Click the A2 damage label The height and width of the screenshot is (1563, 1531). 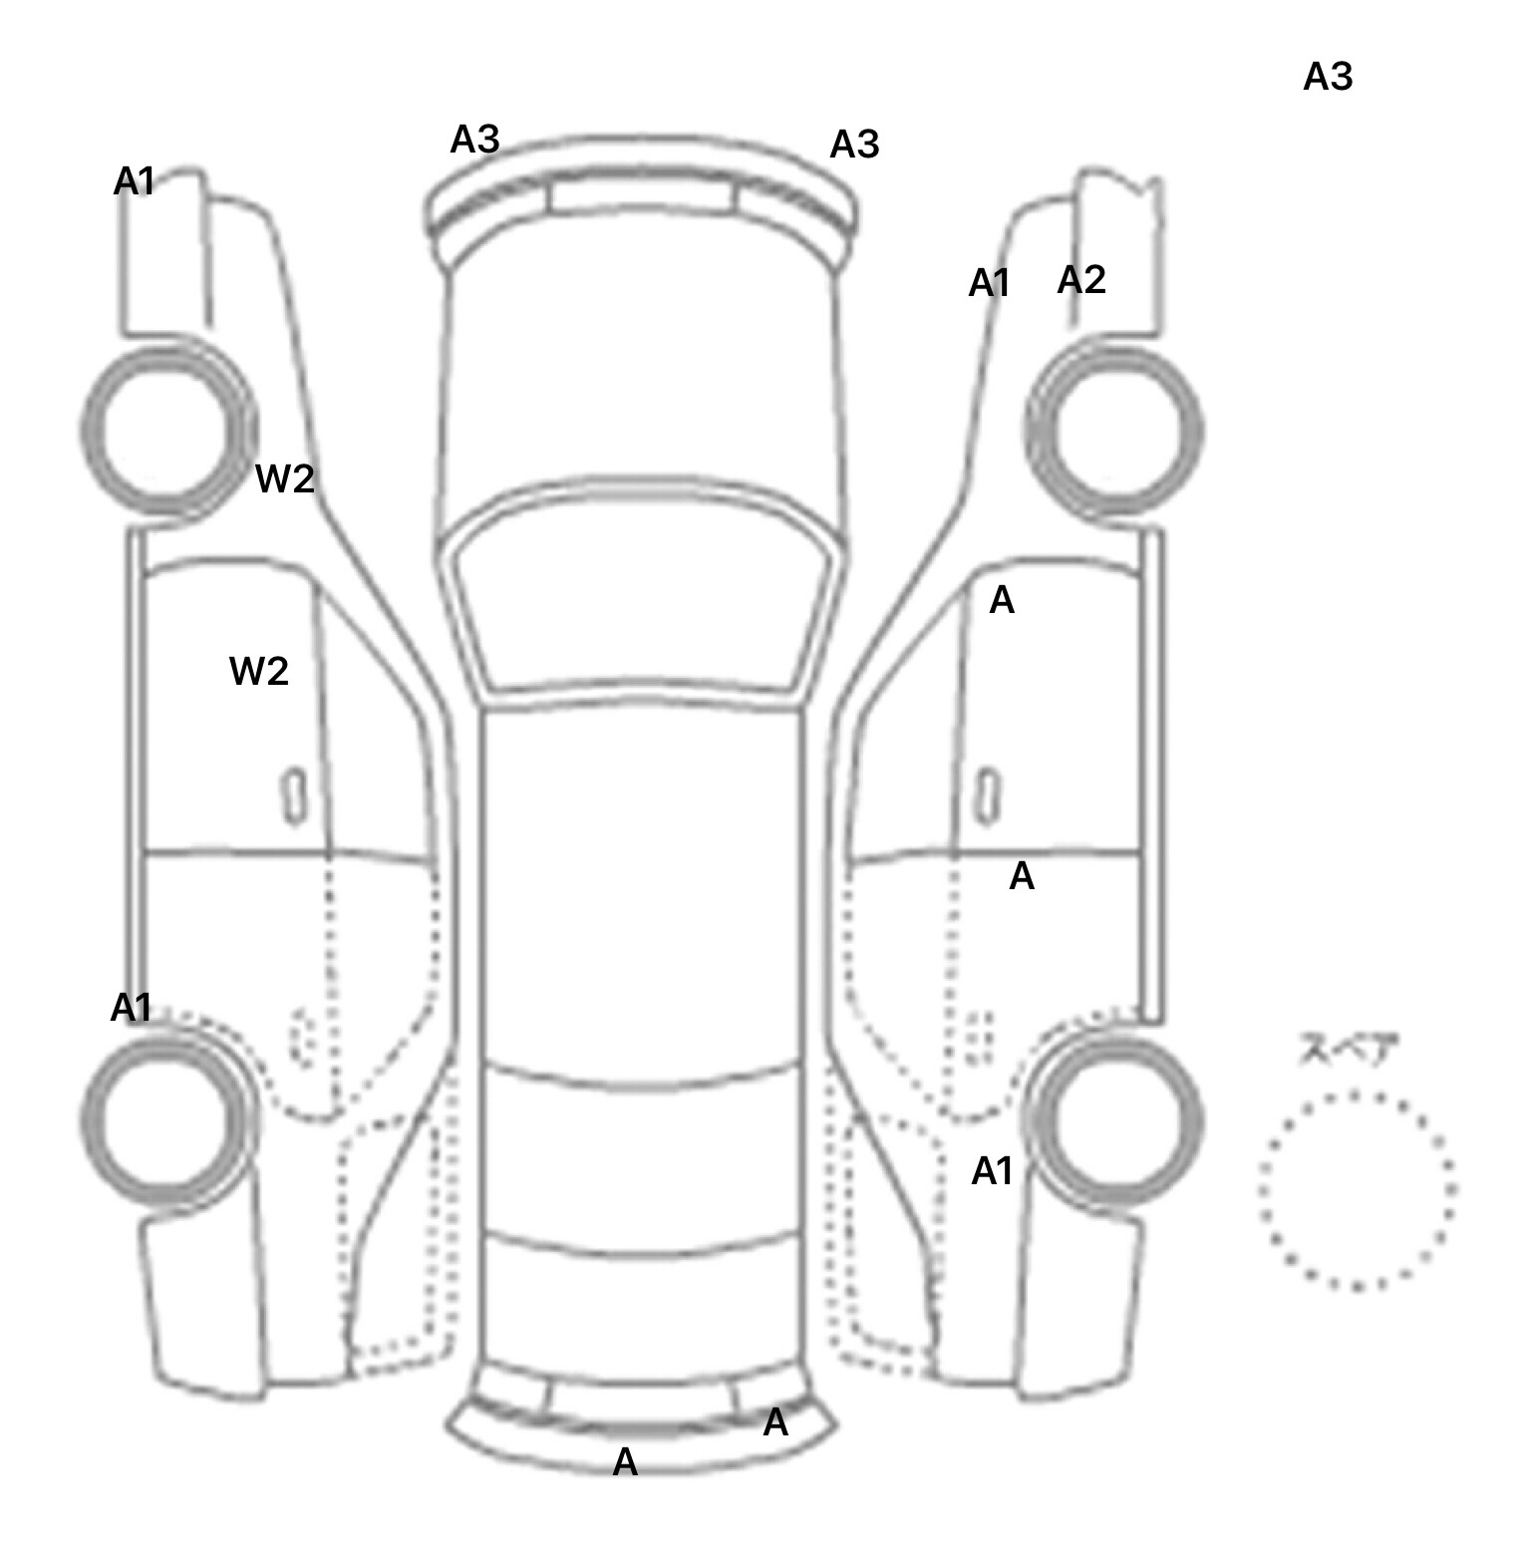pos(1081,280)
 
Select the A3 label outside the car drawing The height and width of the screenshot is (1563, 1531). pos(1328,77)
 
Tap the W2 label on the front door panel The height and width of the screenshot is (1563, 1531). pos(259,671)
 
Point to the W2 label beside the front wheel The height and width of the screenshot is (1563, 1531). pos(285,478)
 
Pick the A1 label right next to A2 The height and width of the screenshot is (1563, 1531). pos(990,284)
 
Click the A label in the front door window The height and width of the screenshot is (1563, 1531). pos(1002,600)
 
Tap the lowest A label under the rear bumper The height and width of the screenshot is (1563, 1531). pos(625,1462)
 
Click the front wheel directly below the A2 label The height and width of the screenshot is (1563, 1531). pos(1114,431)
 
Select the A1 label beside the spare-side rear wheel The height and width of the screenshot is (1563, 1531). pos(992,1171)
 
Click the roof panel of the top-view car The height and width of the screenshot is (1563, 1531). pos(643,887)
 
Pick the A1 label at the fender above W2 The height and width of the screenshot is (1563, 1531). pos(135,181)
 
